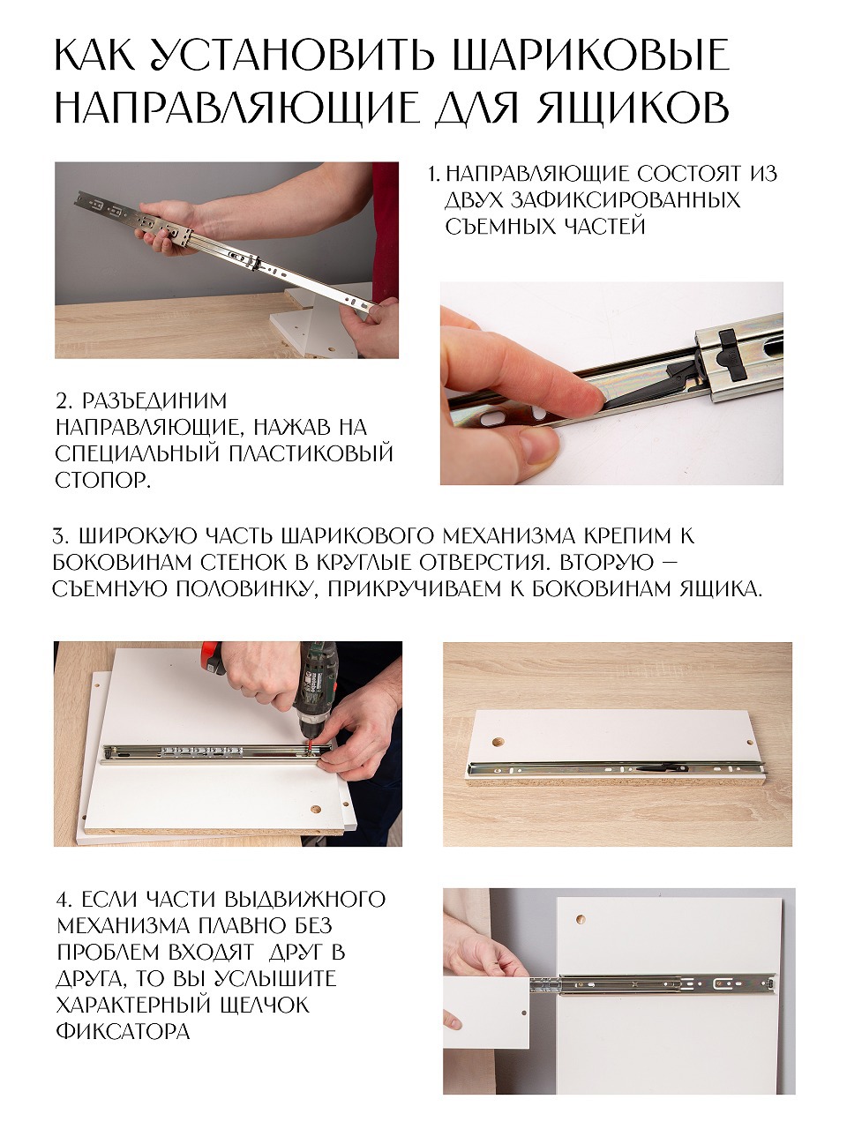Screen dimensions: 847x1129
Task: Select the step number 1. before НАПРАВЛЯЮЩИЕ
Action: [x=435, y=175]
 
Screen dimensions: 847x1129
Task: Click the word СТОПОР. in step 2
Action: [x=103, y=481]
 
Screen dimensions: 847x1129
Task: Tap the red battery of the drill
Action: [x=215, y=659]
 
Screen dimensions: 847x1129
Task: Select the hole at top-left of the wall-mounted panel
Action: [x=581, y=919]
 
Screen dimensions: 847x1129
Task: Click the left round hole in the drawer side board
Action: [x=498, y=742]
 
